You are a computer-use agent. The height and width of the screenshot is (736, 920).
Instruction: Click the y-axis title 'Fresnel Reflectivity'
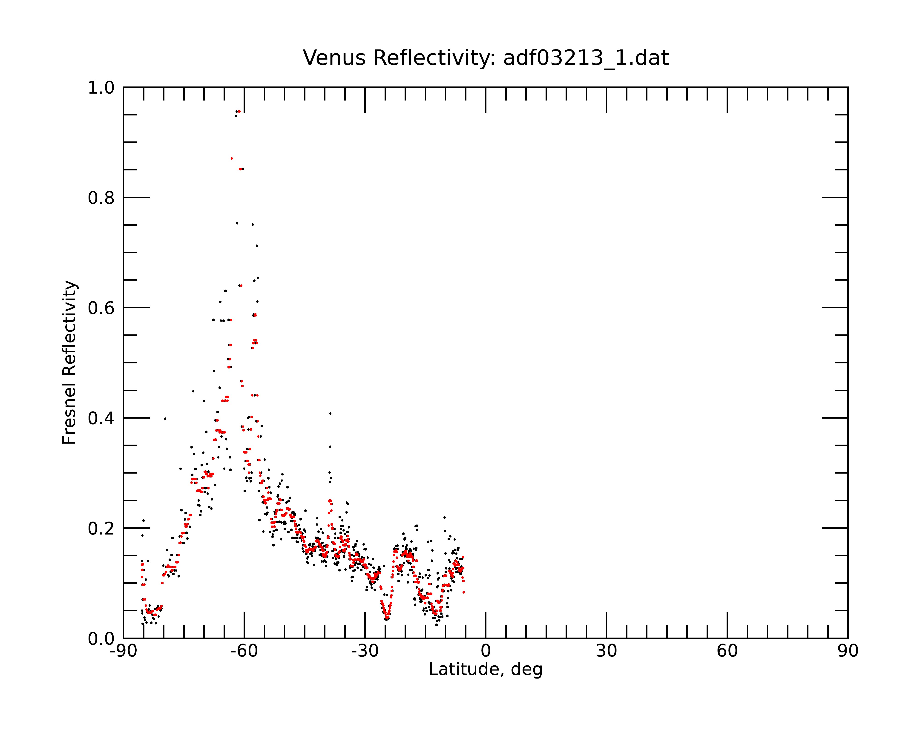coord(69,362)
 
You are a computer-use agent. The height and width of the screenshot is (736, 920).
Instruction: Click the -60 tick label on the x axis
coord(244,651)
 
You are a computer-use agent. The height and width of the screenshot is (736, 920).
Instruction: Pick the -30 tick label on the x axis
coord(365,651)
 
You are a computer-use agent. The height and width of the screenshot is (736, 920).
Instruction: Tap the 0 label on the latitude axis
coord(486,651)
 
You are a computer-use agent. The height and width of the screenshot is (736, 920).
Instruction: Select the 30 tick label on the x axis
coord(606,651)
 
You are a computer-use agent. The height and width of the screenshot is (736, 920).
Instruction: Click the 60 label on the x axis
coord(727,651)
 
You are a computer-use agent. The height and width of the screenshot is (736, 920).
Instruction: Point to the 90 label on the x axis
coord(848,651)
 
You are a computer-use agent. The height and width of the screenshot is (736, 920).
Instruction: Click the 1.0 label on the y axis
coord(101,88)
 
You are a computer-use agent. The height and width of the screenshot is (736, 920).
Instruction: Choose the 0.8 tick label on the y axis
coord(101,198)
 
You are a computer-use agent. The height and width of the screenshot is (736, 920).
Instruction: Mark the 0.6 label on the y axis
coord(101,308)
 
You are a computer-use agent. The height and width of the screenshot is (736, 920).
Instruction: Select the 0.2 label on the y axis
coord(101,529)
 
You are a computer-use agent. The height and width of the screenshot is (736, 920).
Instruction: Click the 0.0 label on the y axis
coord(101,639)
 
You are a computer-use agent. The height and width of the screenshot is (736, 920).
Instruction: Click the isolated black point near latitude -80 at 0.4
coord(165,419)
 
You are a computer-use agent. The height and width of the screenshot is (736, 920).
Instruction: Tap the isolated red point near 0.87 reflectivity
coord(232,158)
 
